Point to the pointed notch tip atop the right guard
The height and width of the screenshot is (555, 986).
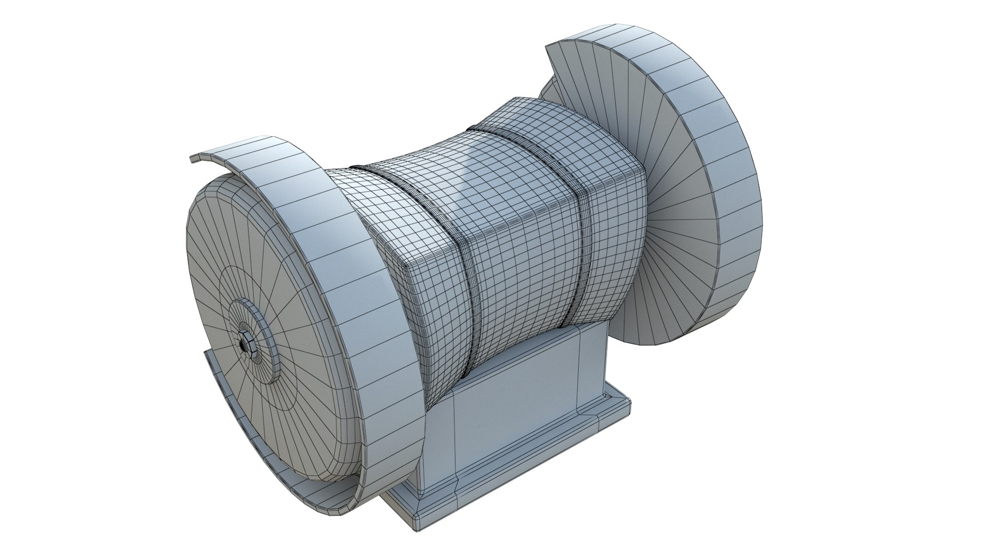click(x=547, y=45)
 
